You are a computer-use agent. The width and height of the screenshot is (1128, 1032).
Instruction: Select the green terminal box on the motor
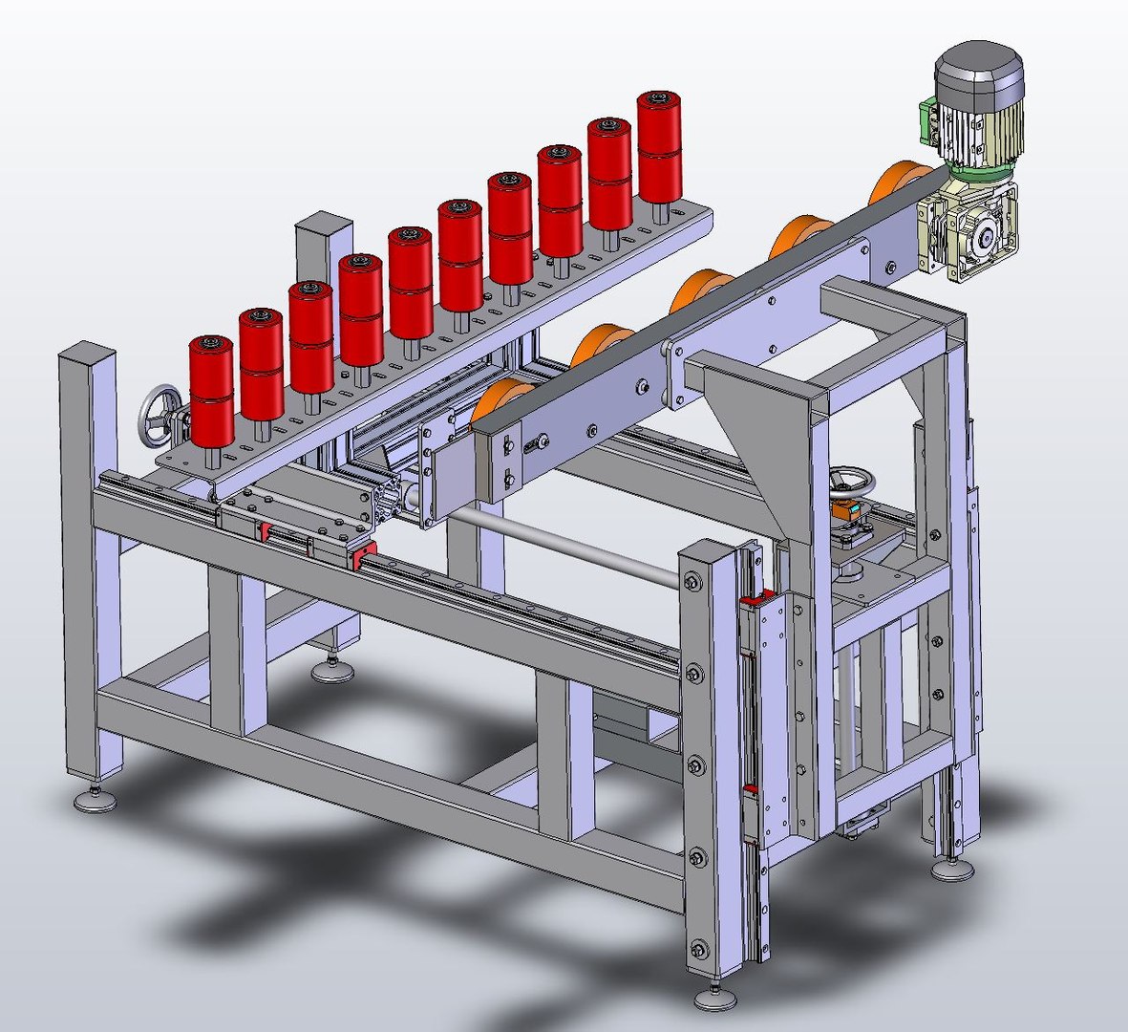pos(927,119)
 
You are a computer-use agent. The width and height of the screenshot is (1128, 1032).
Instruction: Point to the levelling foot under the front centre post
pos(714,999)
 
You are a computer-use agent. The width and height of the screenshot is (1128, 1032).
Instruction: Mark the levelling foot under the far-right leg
pos(952,869)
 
